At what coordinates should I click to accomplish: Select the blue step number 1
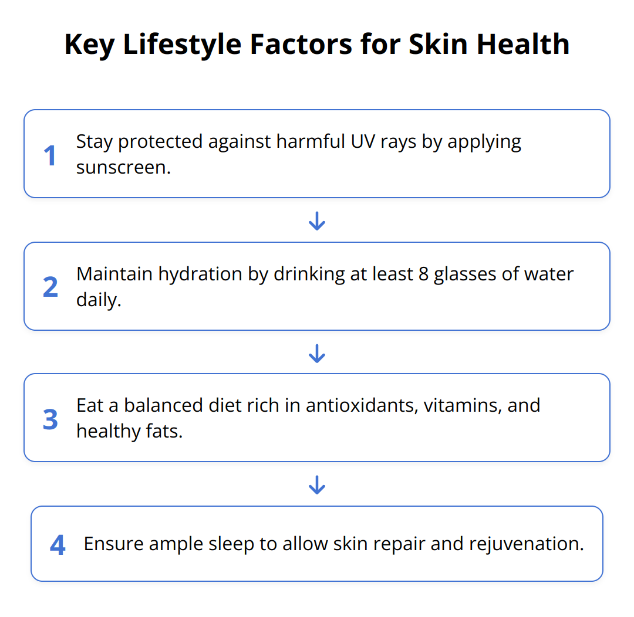[50, 155]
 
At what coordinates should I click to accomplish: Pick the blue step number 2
[50, 287]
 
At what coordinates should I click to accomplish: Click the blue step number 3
[50, 419]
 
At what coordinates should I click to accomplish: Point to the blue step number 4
[58, 545]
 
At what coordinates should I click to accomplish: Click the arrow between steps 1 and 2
[317, 221]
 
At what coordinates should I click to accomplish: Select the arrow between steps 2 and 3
[317, 352]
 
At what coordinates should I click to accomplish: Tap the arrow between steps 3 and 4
[317, 484]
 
